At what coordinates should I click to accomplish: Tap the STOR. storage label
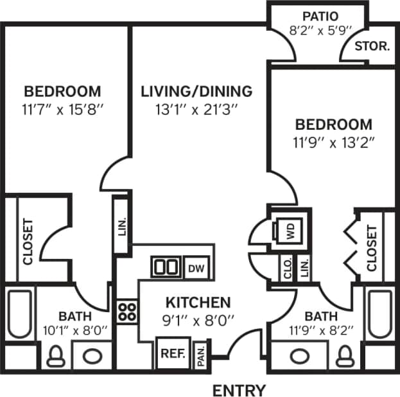(372, 46)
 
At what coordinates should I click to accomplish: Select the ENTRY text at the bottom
(238, 389)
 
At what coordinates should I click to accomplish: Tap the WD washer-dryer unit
(287, 230)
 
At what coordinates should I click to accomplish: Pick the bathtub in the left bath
(21, 315)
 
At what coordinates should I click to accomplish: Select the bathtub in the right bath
(379, 315)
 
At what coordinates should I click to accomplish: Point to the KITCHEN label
(198, 302)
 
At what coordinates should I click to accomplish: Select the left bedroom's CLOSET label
(27, 242)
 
